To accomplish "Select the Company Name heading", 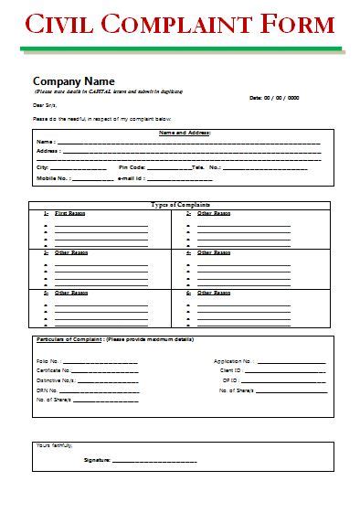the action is pos(72,80).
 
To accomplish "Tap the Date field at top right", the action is pos(273,97).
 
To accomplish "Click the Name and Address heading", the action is pos(185,133).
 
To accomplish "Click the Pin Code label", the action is pos(132,167).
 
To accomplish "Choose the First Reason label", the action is pos(68,212).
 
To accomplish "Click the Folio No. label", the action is pos(48,361).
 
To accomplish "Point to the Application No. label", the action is pos(233,361).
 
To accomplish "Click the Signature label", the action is pos(96,459).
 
